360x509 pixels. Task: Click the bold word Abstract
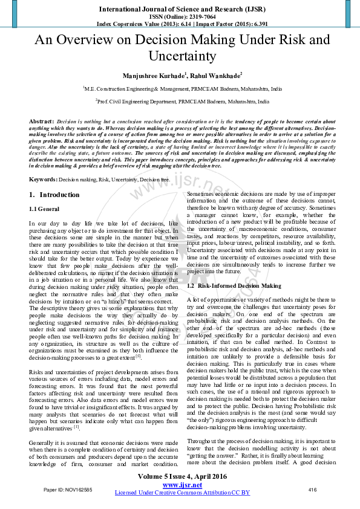[41, 122]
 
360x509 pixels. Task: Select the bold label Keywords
[43, 180]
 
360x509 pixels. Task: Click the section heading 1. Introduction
[54, 195]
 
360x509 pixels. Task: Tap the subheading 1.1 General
[45, 209]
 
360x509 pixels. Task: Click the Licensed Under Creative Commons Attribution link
[182, 493]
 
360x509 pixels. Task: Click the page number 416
[312, 489]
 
